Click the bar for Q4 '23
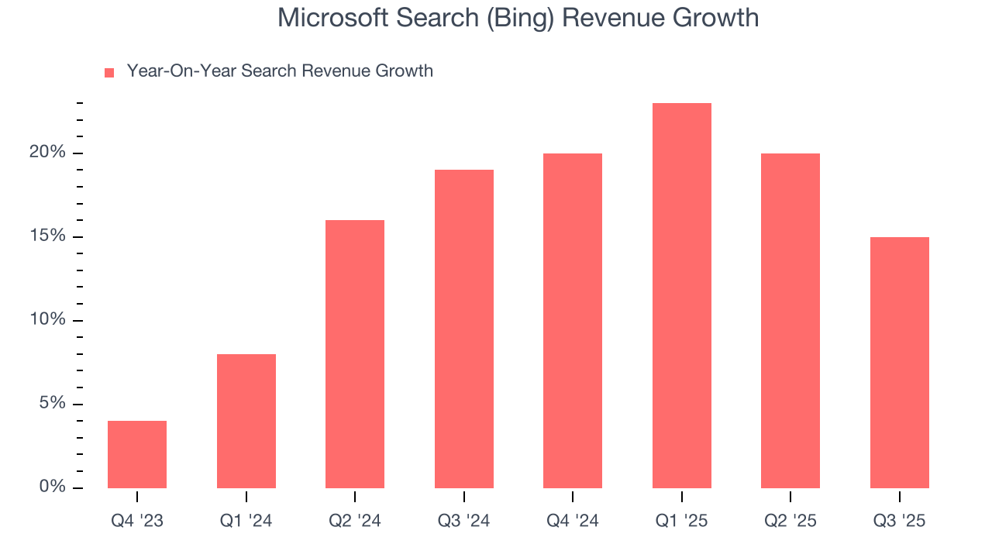[x=137, y=455]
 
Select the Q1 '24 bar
[x=246, y=422]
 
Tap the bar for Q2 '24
[x=355, y=354]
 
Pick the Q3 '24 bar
[x=464, y=329]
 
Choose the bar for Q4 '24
[x=573, y=321]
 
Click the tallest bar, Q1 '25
[x=682, y=296]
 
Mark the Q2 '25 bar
[x=790, y=321]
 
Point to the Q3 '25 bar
[x=900, y=363]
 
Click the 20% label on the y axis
[x=47, y=153]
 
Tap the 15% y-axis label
[x=47, y=236]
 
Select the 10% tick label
[x=47, y=320]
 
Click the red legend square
[x=109, y=73]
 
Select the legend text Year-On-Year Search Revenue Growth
[x=280, y=71]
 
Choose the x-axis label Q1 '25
[x=682, y=522]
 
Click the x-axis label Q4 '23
[x=137, y=522]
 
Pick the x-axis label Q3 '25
[x=900, y=522]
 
